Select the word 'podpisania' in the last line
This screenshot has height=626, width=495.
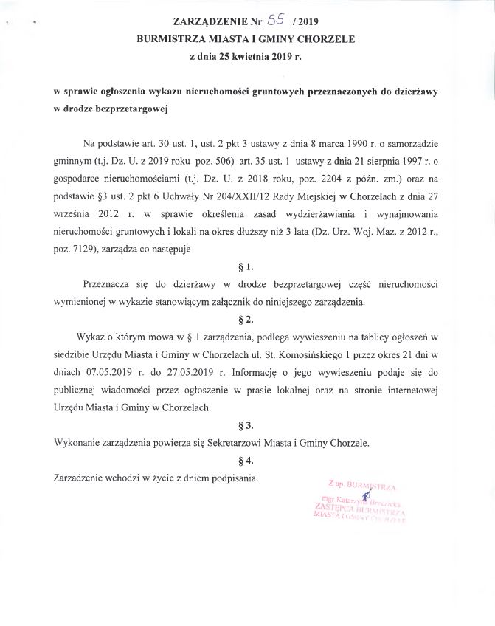click(x=233, y=478)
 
